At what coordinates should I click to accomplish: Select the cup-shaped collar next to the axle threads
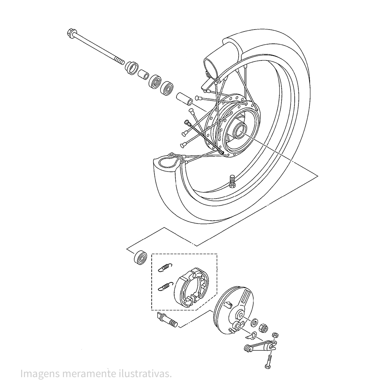coord(132,68)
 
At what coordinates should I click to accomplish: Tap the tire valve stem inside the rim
coord(232,181)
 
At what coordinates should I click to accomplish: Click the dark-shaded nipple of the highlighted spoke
coord(187,122)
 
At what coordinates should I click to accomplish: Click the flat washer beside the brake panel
coord(254,323)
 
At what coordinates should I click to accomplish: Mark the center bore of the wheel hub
coord(240,131)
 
